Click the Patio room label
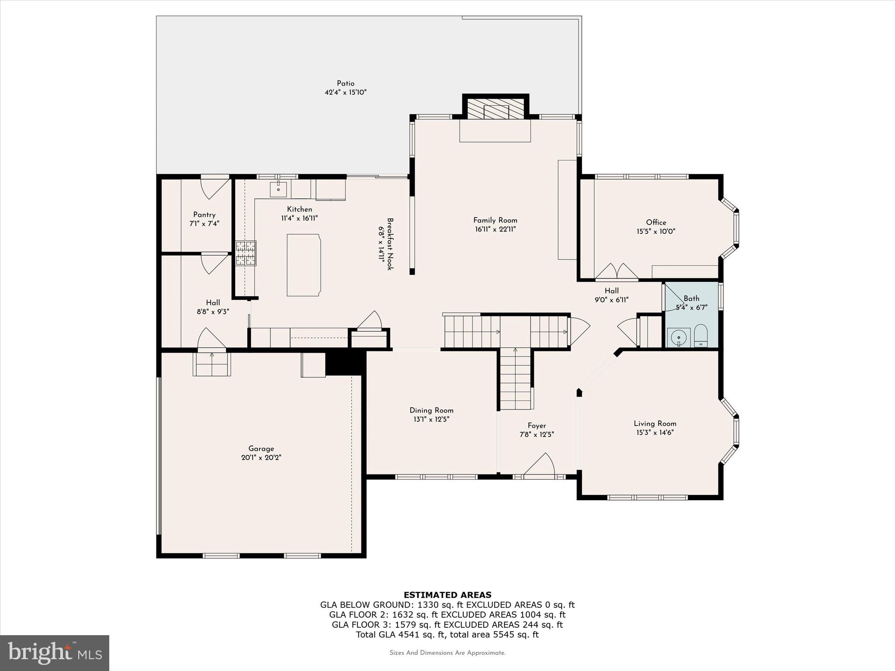[x=345, y=83]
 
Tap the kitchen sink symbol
[x=278, y=190]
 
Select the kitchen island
[x=304, y=265]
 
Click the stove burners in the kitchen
[x=246, y=253]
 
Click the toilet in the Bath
[x=700, y=335]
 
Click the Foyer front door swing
[x=541, y=465]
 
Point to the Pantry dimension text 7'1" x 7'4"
[x=204, y=224]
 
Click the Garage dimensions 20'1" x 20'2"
[x=261, y=458]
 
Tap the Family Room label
[x=495, y=221]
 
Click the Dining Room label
[x=431, y=410]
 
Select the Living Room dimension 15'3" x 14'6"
[x=655, y=432]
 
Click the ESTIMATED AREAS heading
[x=447, y=595]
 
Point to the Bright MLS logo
[x=55, y=653]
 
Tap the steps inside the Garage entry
[x=212, y=364]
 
